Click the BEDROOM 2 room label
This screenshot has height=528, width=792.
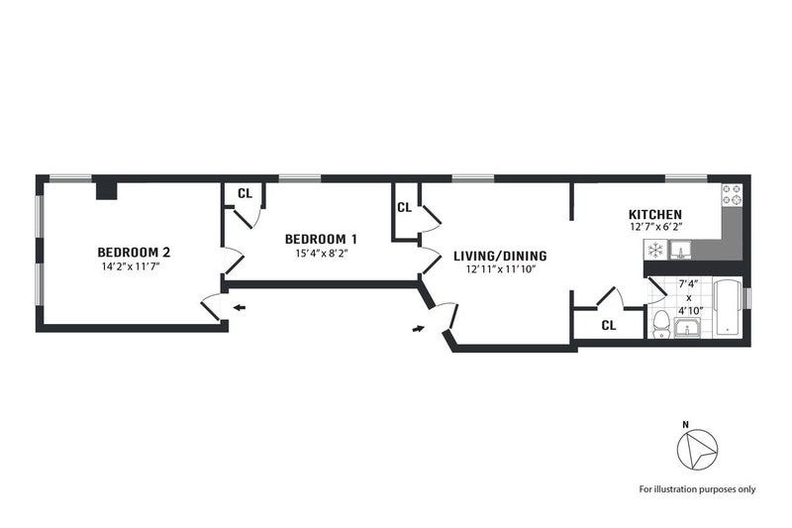(134, 252)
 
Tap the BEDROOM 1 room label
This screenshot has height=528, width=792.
(322, 239)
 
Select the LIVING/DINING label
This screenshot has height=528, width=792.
(500, 256)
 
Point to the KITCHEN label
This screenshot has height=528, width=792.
(655, 214)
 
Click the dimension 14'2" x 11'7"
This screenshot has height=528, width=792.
(131, 266)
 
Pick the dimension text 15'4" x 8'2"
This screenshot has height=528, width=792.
(323, 254)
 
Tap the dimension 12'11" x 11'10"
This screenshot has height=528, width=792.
(501, 269)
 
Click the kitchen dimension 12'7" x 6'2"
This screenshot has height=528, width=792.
(656, 228)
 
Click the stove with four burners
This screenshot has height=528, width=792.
(733, 195)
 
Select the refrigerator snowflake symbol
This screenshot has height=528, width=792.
(655, 250)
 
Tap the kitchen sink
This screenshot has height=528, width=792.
(680, 250)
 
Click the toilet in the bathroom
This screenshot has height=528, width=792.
(660, 325)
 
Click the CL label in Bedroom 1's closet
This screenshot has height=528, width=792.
(245, 193)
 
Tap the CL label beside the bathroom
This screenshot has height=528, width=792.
(609, 326)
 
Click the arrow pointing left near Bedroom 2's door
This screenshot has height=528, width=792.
(239, 307)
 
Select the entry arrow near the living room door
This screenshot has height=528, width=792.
(418, 329)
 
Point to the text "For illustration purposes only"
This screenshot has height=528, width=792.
(697, 489)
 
